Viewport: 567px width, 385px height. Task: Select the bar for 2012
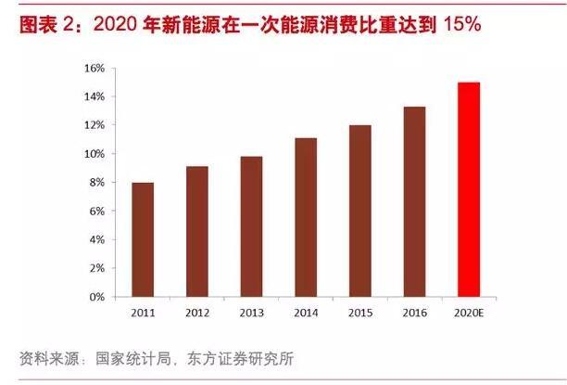click(x=196, y=232)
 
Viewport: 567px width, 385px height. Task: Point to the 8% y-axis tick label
click(x=96, y=183)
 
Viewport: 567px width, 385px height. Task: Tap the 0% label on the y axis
click(x=96, y=298)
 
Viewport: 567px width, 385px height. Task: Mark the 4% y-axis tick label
click(x=96, y=240)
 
